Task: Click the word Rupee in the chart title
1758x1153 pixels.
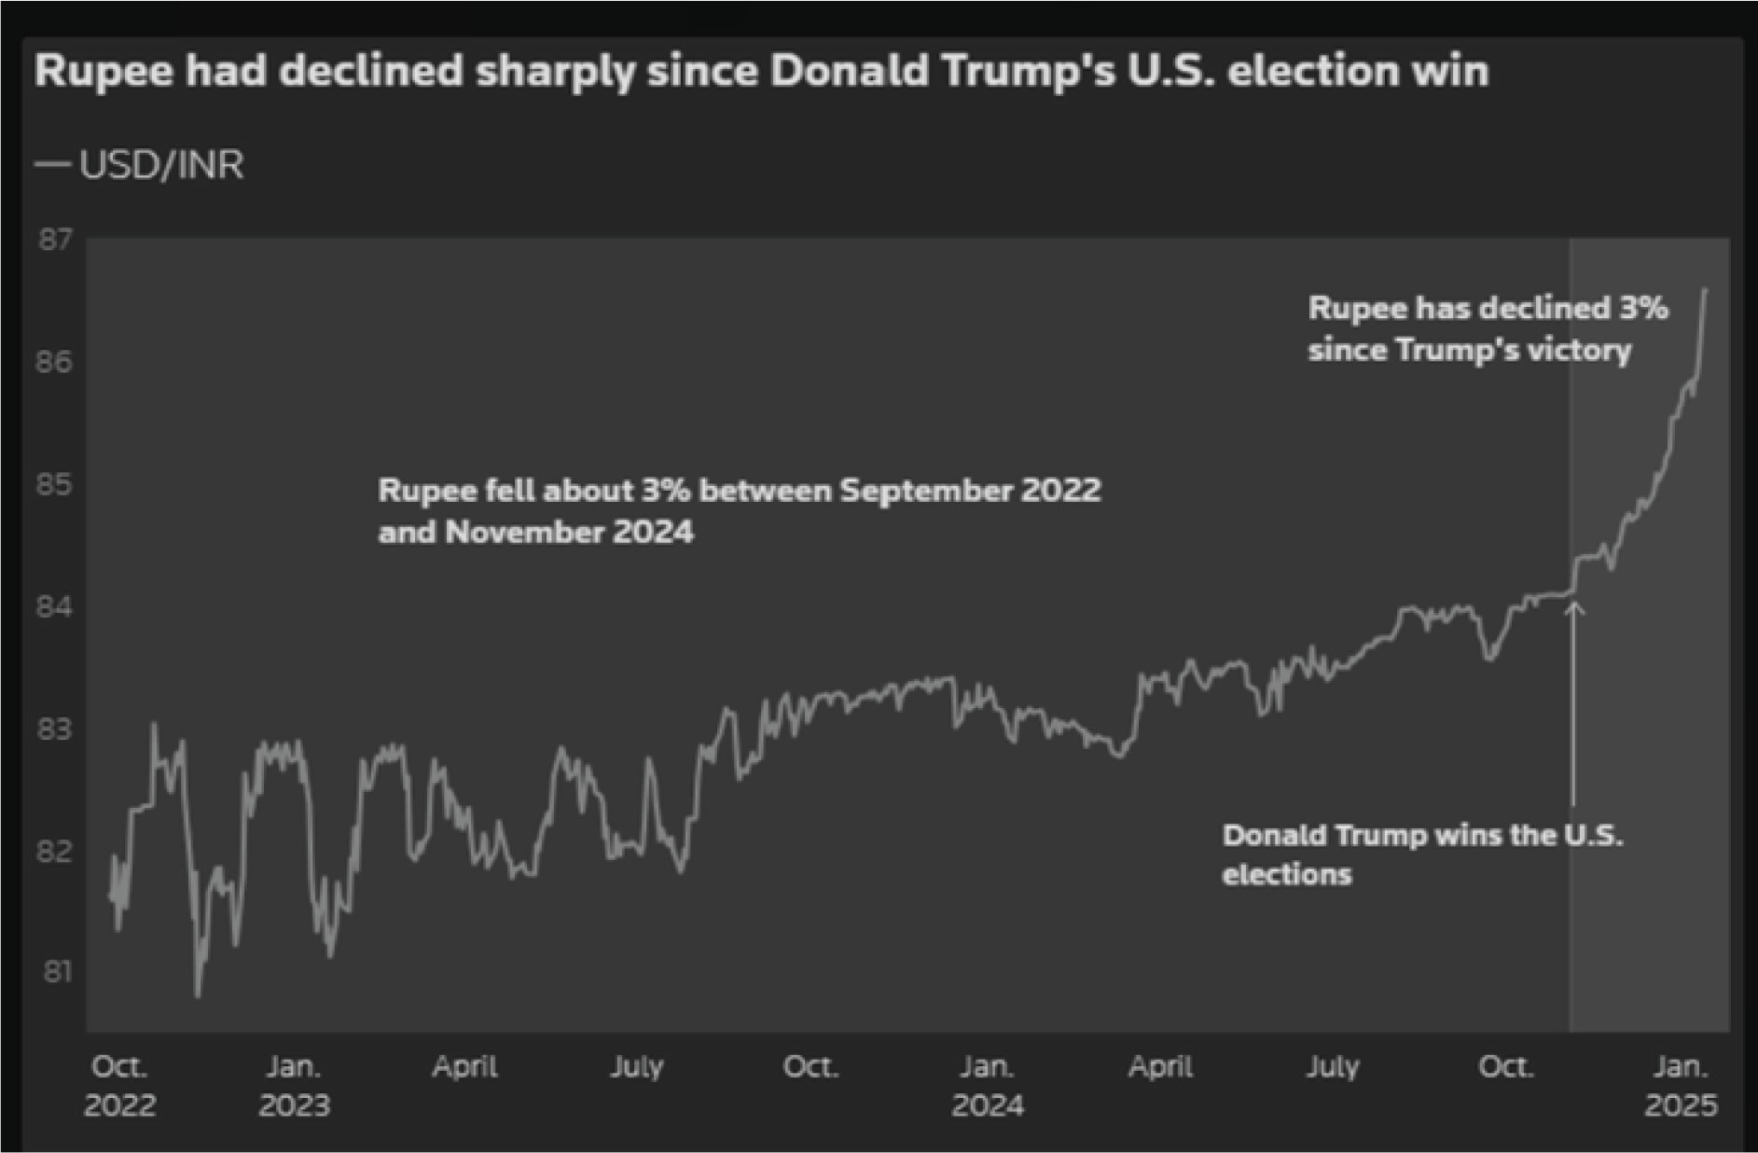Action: pyautogui.click(x=104, y=72)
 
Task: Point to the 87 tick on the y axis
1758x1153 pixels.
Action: pyautogui.click(x=54, y=240)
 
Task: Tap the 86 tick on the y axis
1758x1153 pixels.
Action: pyautogui.click(x=54, y=362)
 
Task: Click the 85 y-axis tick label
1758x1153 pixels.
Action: pyautogui.click(x=54, y=484)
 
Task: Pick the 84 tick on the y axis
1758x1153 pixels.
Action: pyautogui.click(x=54, y=607)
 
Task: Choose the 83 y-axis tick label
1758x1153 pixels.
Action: pyautogui.click(x=54, y=729)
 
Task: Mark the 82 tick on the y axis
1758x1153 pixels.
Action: pyautogui.click(x=54, y=851)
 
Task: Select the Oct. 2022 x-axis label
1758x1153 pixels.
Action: pyautogui.click(x=119, y=1086)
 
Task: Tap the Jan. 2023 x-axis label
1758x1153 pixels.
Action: pyautogui.click(x=294, y=1086)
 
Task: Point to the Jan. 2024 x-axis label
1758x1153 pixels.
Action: pyautogui.click(x=988, y=1086)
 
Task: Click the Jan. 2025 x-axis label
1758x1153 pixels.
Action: pyautogui.click(x=1681, y=1086)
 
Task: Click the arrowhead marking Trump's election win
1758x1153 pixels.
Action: pyautogui.click(x=1574, y=608)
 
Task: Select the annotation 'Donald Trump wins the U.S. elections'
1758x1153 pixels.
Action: pyautogui.click(x=1422, y=854)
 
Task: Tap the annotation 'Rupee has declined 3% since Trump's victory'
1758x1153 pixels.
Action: pyautogui.click(x=1488, y=328)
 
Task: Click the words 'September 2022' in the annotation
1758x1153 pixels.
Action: pyautogui.click(x=970, y=491)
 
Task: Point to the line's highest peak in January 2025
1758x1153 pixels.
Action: pyautogui.click(x=1706, y=290)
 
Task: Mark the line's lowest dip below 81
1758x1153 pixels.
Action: pyautogui.click(x=197, y=995)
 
